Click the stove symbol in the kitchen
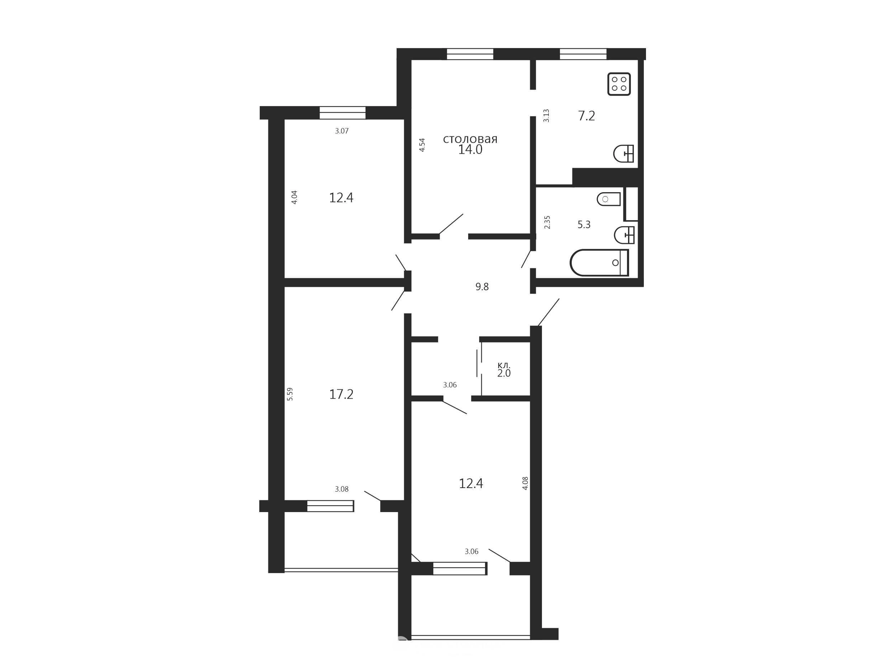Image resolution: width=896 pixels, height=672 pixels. point(619,84)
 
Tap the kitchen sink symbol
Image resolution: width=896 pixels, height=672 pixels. point(623,153)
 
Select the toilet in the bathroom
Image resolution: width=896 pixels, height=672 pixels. point(609,199)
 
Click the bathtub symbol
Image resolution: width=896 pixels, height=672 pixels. point(599,262)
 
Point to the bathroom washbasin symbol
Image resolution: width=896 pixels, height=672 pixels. point(624,235)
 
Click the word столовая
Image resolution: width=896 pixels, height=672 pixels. point(470,139)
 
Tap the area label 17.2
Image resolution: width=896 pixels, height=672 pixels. point(341,394)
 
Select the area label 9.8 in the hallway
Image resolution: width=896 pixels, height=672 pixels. point(482,287)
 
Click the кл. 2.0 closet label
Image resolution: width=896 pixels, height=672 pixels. point(504,369)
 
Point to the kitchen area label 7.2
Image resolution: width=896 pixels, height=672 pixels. point(586,116)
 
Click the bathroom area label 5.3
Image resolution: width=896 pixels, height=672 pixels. point(584,225)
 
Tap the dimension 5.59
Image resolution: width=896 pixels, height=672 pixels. point(289,394)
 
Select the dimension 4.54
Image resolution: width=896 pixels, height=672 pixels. point(422,145)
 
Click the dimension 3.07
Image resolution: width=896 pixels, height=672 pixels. point(342,131)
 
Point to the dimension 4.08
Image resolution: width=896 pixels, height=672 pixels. point(525,483)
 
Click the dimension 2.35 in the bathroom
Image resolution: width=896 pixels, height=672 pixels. point(547,222)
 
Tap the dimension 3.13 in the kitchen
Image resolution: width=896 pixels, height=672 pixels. point(546,116)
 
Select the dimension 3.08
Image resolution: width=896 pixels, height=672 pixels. point(341,489)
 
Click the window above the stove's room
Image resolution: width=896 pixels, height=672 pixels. point(583,54)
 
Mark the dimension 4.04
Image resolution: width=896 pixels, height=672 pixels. point(294,197)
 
